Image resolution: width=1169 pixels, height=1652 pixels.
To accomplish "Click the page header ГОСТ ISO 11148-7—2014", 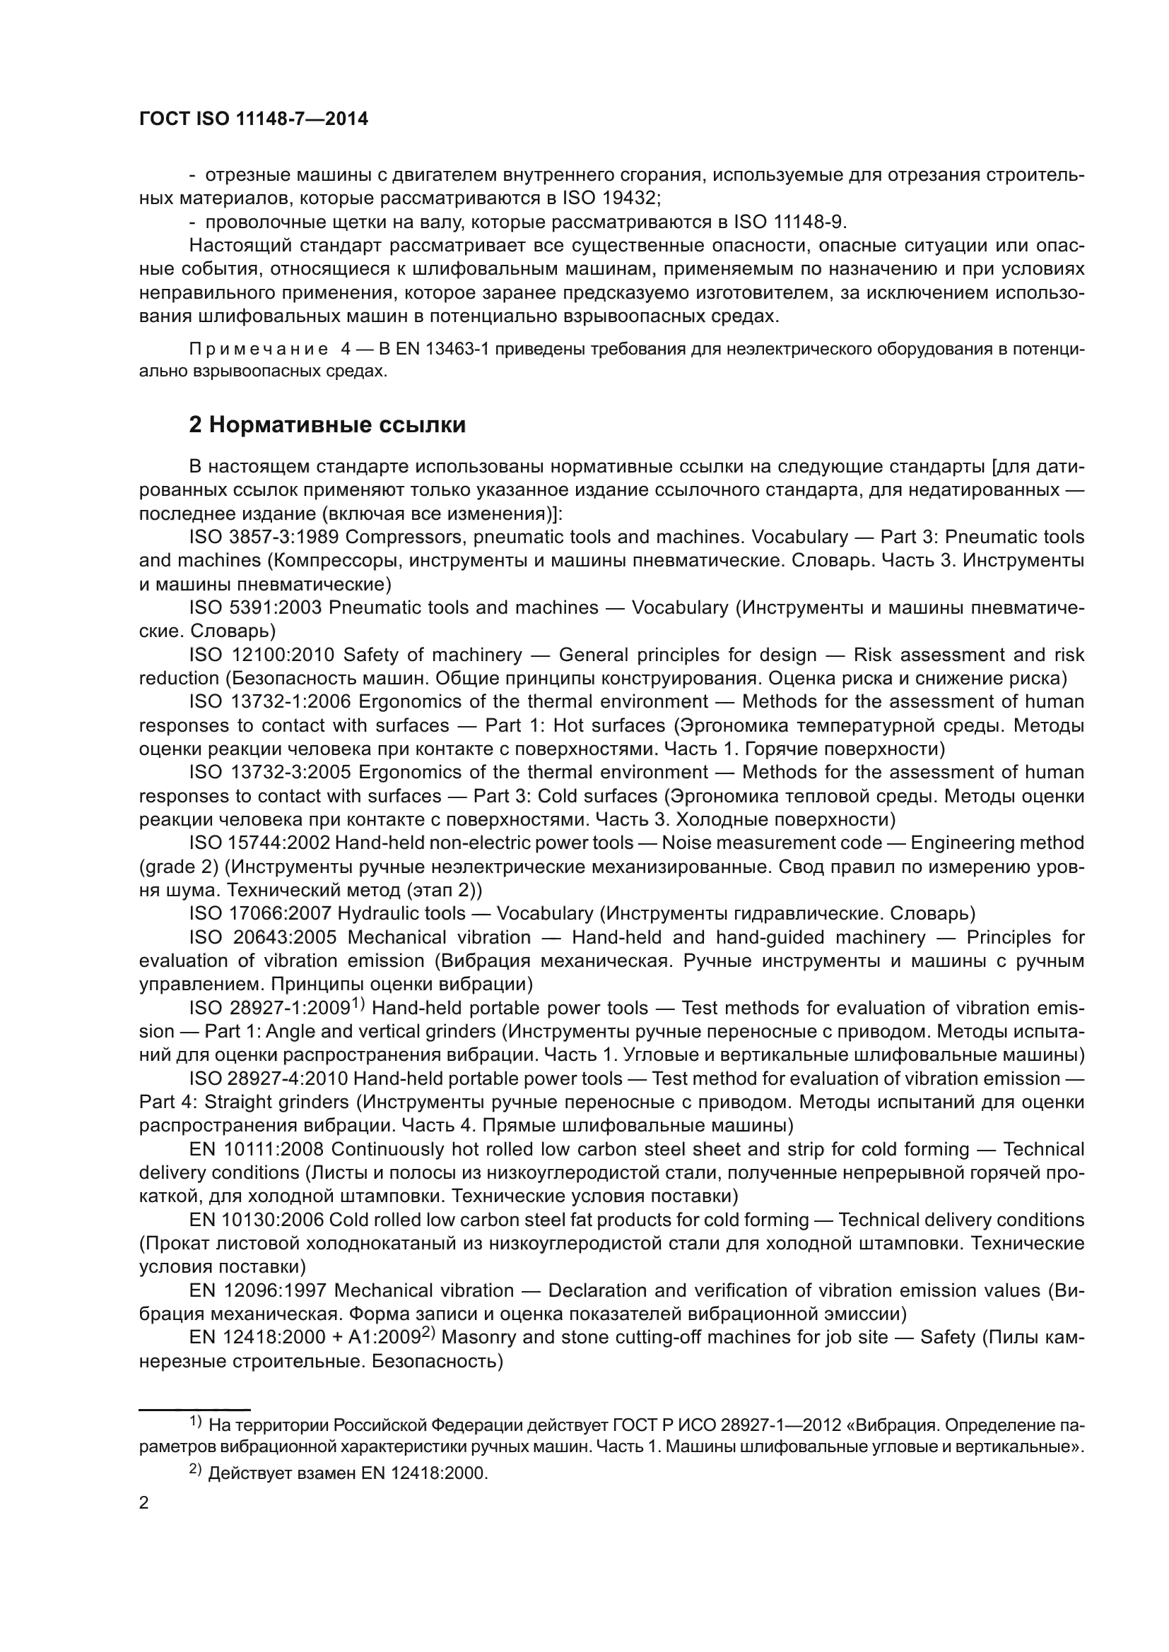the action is [254, 119].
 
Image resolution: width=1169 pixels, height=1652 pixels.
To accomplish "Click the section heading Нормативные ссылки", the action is [327, 425].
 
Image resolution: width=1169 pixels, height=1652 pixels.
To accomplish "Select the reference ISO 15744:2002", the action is [260, 843].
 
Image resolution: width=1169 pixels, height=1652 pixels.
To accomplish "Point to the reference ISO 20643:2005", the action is [264, 938].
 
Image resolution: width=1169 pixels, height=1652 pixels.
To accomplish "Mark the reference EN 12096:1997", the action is [259, 1291].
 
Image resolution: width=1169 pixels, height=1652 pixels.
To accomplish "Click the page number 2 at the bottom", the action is [144, 1503].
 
